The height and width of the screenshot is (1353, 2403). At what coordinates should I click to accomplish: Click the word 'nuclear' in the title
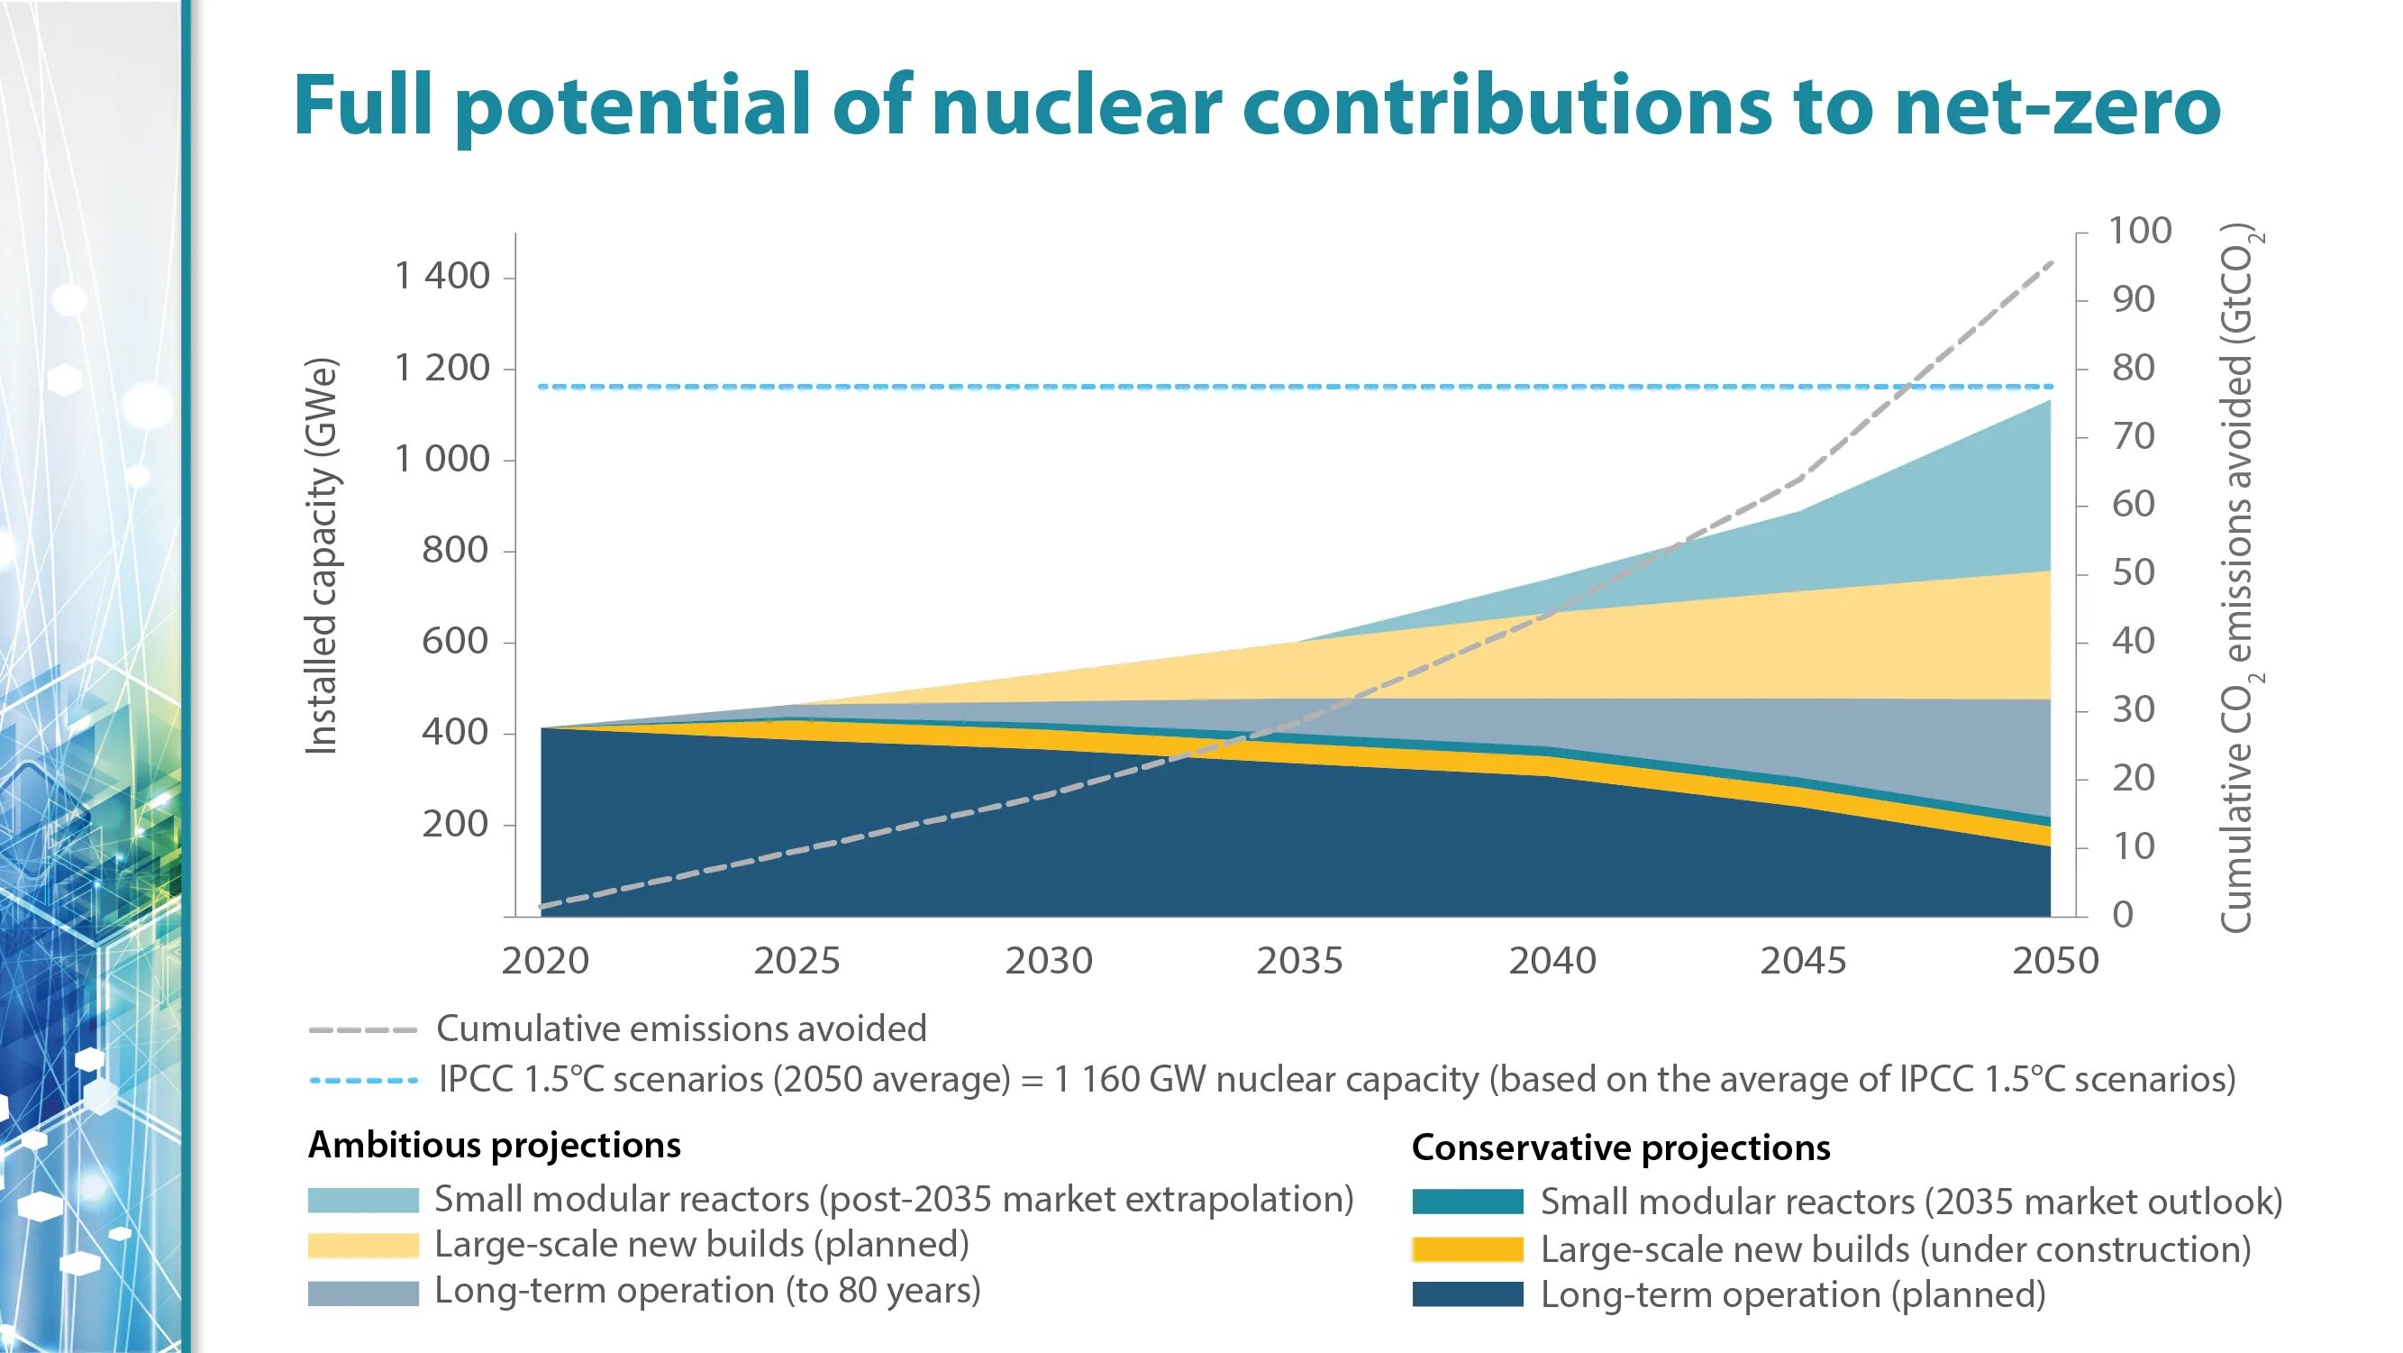tap(1076, 105)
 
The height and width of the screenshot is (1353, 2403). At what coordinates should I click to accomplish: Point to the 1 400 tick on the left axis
tap(441, 276)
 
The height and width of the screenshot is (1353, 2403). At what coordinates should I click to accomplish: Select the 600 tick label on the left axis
tap(454, 641)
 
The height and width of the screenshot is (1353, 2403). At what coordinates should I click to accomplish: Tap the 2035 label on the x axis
tap(1299, 960)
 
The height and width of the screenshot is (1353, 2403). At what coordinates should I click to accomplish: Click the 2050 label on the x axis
tap(2055, 960)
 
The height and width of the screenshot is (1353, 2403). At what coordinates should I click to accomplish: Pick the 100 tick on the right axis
tap(2140, 231)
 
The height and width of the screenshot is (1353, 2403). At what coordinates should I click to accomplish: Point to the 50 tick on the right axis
tap(2134, 572)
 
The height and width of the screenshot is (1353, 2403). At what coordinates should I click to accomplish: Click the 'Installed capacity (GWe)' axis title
tap(321, 556)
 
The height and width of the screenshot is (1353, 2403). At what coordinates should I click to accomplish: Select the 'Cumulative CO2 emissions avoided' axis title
tap(2238, 579)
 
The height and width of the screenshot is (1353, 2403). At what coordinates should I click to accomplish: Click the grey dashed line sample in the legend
tap(362, 1030)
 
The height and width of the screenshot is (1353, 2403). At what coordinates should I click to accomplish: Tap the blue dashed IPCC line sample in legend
tap(364, 1081)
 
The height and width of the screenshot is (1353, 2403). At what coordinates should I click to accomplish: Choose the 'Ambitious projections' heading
tap(495, 1145)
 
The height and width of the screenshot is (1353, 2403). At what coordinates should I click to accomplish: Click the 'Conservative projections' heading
tap(1620, 1147)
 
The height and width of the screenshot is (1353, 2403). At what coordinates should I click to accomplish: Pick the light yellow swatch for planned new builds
tap(363, 1246)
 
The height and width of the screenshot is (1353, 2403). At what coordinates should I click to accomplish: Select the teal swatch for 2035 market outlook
tap(1468, 1202)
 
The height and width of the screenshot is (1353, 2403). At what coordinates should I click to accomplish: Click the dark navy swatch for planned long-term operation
tap(1468, 1294)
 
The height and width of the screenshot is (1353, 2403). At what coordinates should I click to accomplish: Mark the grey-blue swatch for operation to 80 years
tap(363, 1293)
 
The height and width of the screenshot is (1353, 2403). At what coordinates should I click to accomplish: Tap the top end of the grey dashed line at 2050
tap(2052, 263)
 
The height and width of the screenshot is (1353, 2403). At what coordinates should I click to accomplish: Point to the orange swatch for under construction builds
tap(1468, 1248)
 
